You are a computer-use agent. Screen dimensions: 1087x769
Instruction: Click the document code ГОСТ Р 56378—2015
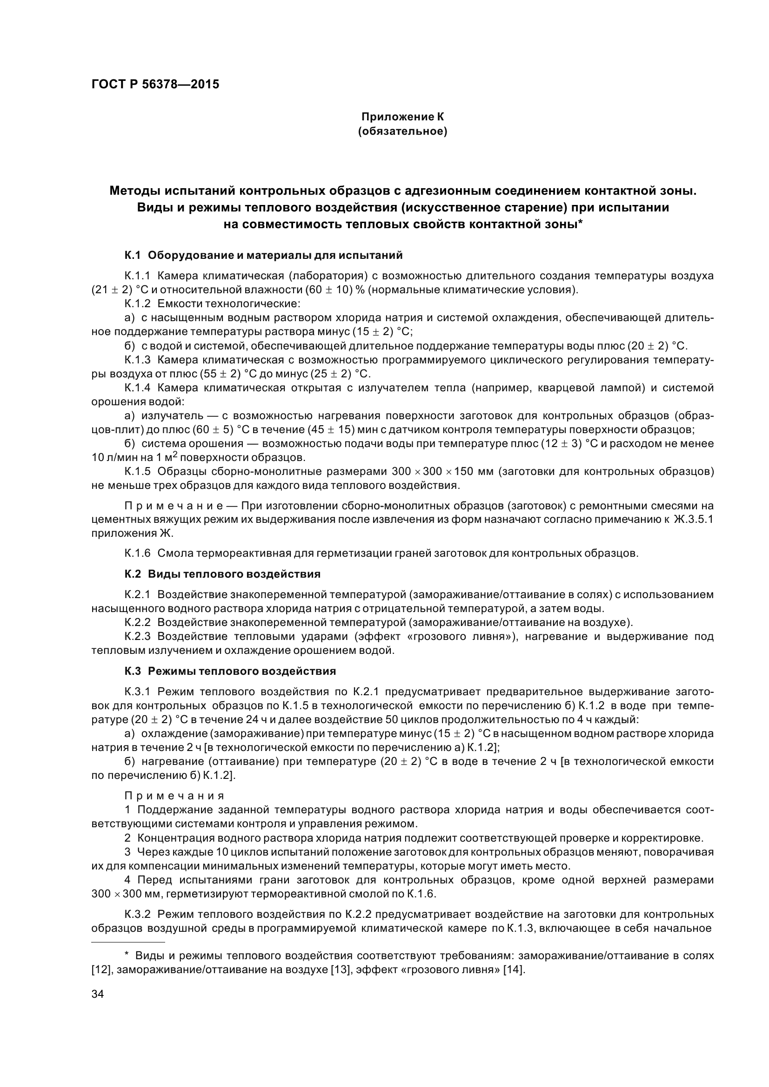pyautogui.click(x=155, y=85)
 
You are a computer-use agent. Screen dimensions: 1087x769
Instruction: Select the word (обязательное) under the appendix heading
pyautogui.click(x=402, y=131)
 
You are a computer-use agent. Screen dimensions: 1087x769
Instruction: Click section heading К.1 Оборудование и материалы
pyautogui.click(x=263, y=256)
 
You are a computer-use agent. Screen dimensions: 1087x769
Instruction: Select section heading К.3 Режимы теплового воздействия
pyautogui.click(x=230, y=672)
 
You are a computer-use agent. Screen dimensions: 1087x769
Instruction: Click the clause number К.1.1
pyautogui.click(x=137, y=276)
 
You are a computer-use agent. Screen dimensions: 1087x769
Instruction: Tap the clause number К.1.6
pyautogui.click(x=137, y=553)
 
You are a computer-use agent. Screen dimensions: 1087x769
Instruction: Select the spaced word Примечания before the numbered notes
pyautogui.click(x=174, y=796)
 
